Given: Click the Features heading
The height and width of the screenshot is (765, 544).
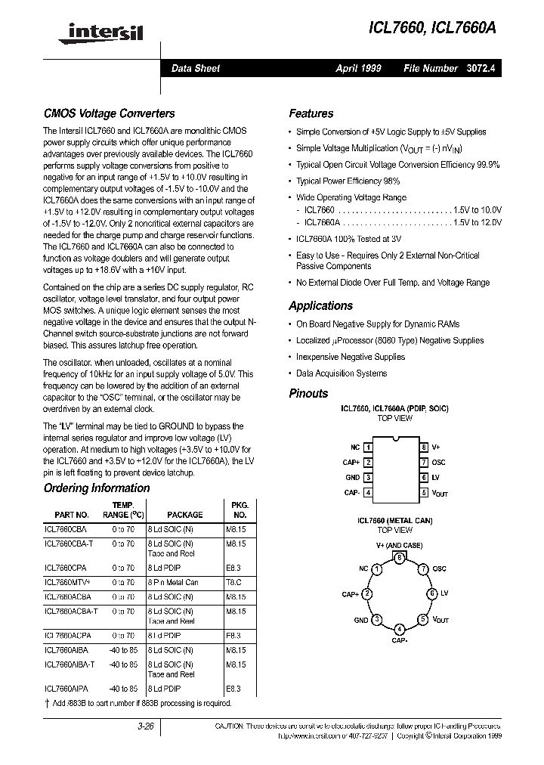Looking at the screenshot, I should pyautogui.click(x=311, y=113).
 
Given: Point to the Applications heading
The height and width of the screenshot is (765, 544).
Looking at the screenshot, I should pyautogui.click(x=320, y=306).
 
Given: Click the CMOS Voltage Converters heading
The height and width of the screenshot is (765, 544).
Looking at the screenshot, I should pyautogui.click(x=109, y=113).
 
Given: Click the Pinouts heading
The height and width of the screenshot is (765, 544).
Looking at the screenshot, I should pyautogui.click(x=308, y=393).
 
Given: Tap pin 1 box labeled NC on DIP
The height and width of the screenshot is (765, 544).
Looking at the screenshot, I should pyautogui.click(x=368, y=448).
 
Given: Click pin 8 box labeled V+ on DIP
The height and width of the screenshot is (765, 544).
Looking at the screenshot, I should pyautogui.click(x=425, y=448).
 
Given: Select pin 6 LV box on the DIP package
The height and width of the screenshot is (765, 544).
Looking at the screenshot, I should pyautogui.click(x=425, y=477).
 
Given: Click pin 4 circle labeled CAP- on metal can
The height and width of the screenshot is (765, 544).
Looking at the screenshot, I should pyautogui.click(x=399, y=629).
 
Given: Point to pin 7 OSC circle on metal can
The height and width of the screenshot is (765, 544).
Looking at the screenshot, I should pyautogui.click(x=424, y=568).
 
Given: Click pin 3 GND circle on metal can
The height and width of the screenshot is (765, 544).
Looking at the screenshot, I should pyautogui.click(x=373, y=619).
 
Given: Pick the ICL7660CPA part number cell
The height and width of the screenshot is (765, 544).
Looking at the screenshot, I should pyautogui.click(x=66, y=567).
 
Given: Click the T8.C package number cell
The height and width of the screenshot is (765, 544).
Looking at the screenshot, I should pyautogui.click(x=235, y=582).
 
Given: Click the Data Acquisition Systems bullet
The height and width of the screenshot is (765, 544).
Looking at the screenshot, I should pyautogui.click(x=341, y=373).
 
